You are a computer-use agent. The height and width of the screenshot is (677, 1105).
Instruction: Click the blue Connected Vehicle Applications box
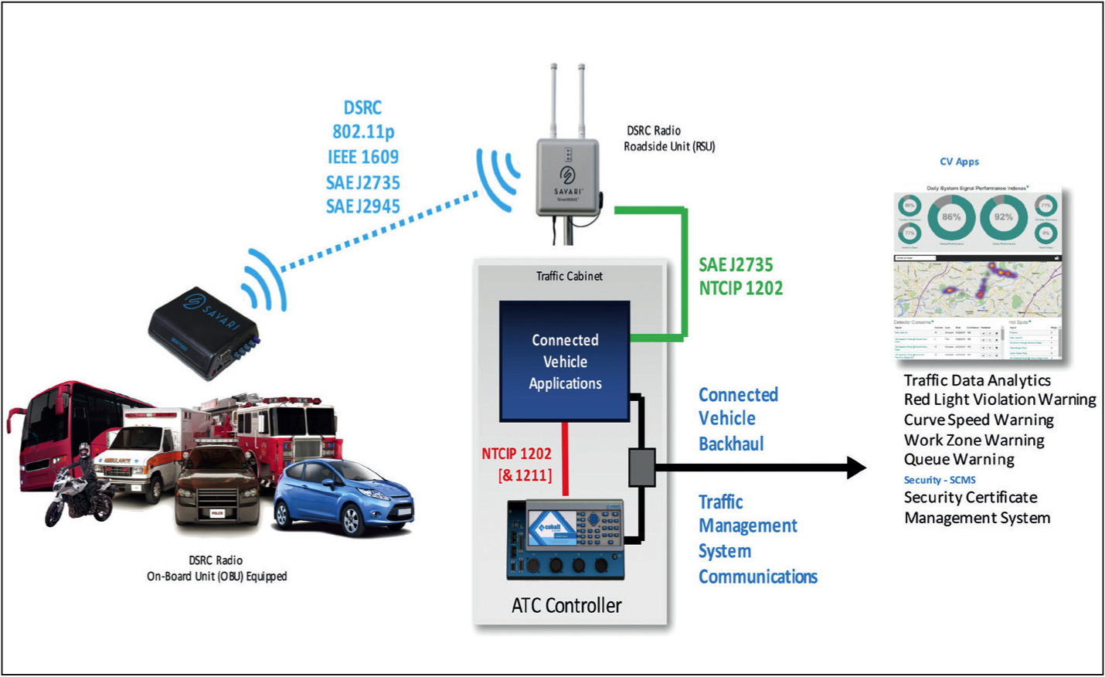click(x=565, y=361)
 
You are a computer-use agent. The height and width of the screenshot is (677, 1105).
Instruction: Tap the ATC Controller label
click(x=566, y=605)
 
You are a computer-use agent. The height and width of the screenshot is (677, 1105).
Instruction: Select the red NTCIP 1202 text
click(x=516, y=454)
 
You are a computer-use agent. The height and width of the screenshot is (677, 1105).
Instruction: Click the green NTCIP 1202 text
click(x=741, y=288)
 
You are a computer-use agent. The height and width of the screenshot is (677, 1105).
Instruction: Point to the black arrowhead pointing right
click(x=855, y=467)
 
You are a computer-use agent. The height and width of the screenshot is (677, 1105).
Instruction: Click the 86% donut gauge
click(x=950, y=217)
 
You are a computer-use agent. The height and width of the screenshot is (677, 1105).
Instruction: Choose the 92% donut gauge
click(x=1003, y=217)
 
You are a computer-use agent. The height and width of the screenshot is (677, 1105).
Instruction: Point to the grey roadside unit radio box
click(x=568, y=177)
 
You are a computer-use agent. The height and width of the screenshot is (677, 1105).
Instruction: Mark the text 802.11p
click(x=363, y=132)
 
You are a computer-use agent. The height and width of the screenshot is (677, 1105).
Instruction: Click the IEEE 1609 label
click(x=363, y=158)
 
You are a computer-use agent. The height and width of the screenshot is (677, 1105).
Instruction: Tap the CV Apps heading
click(x=959, y=162)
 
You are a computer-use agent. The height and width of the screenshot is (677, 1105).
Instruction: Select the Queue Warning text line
click(x=959, y=459)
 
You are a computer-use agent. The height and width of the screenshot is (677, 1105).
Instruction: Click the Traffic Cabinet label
click(x=569, y=276)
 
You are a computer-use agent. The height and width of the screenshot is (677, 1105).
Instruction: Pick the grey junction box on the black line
click(x=641, y=467)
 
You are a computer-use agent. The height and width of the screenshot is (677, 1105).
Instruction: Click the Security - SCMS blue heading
click(x=940, y=480)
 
